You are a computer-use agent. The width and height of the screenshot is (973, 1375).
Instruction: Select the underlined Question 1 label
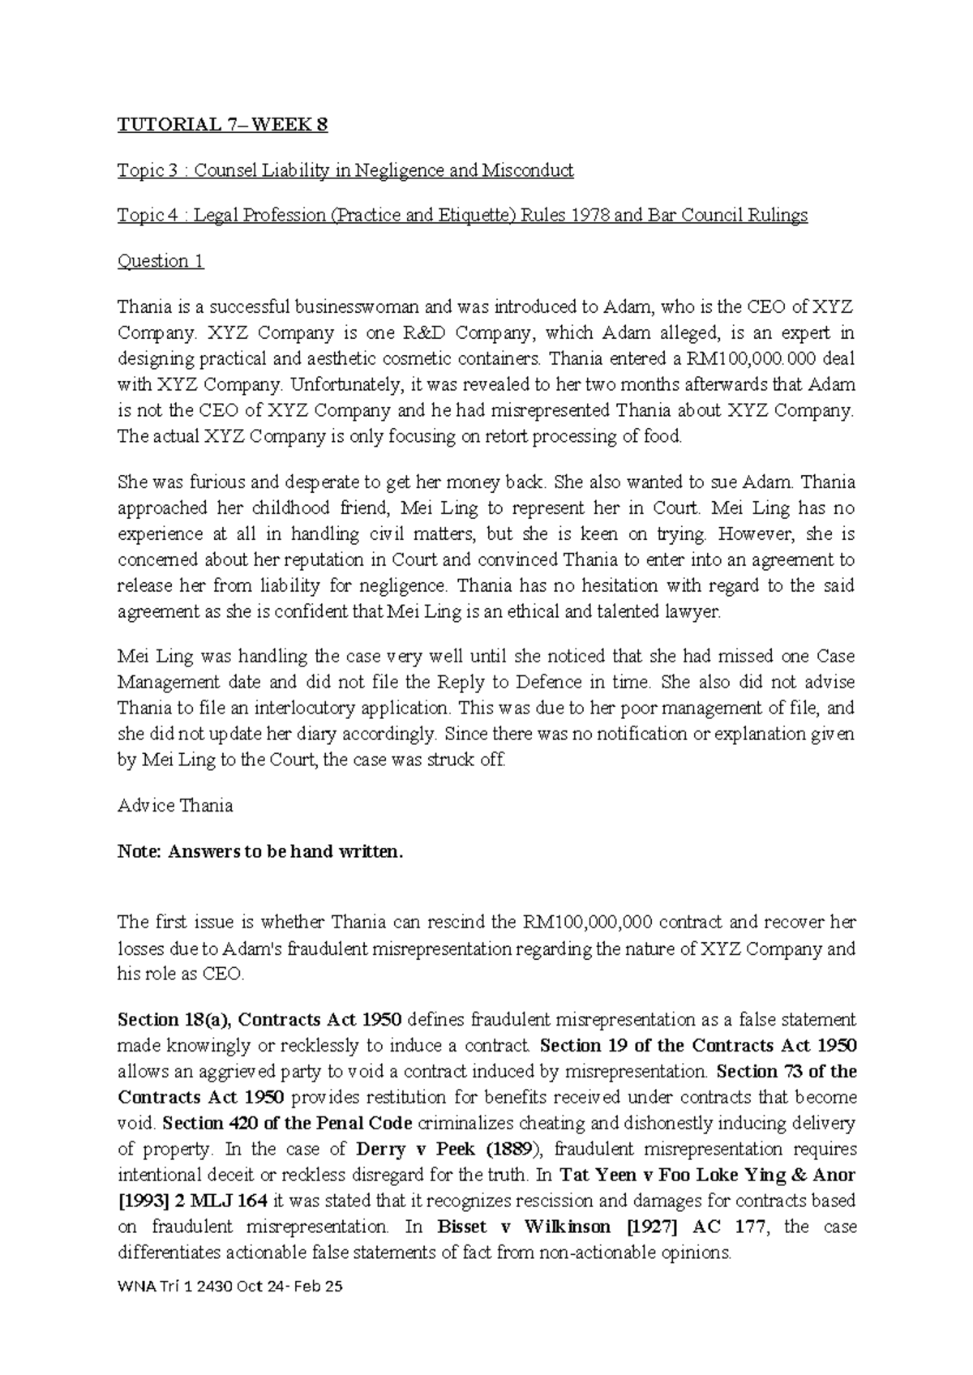(161, 261)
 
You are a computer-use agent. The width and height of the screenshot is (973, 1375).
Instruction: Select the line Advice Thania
(175, 806)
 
